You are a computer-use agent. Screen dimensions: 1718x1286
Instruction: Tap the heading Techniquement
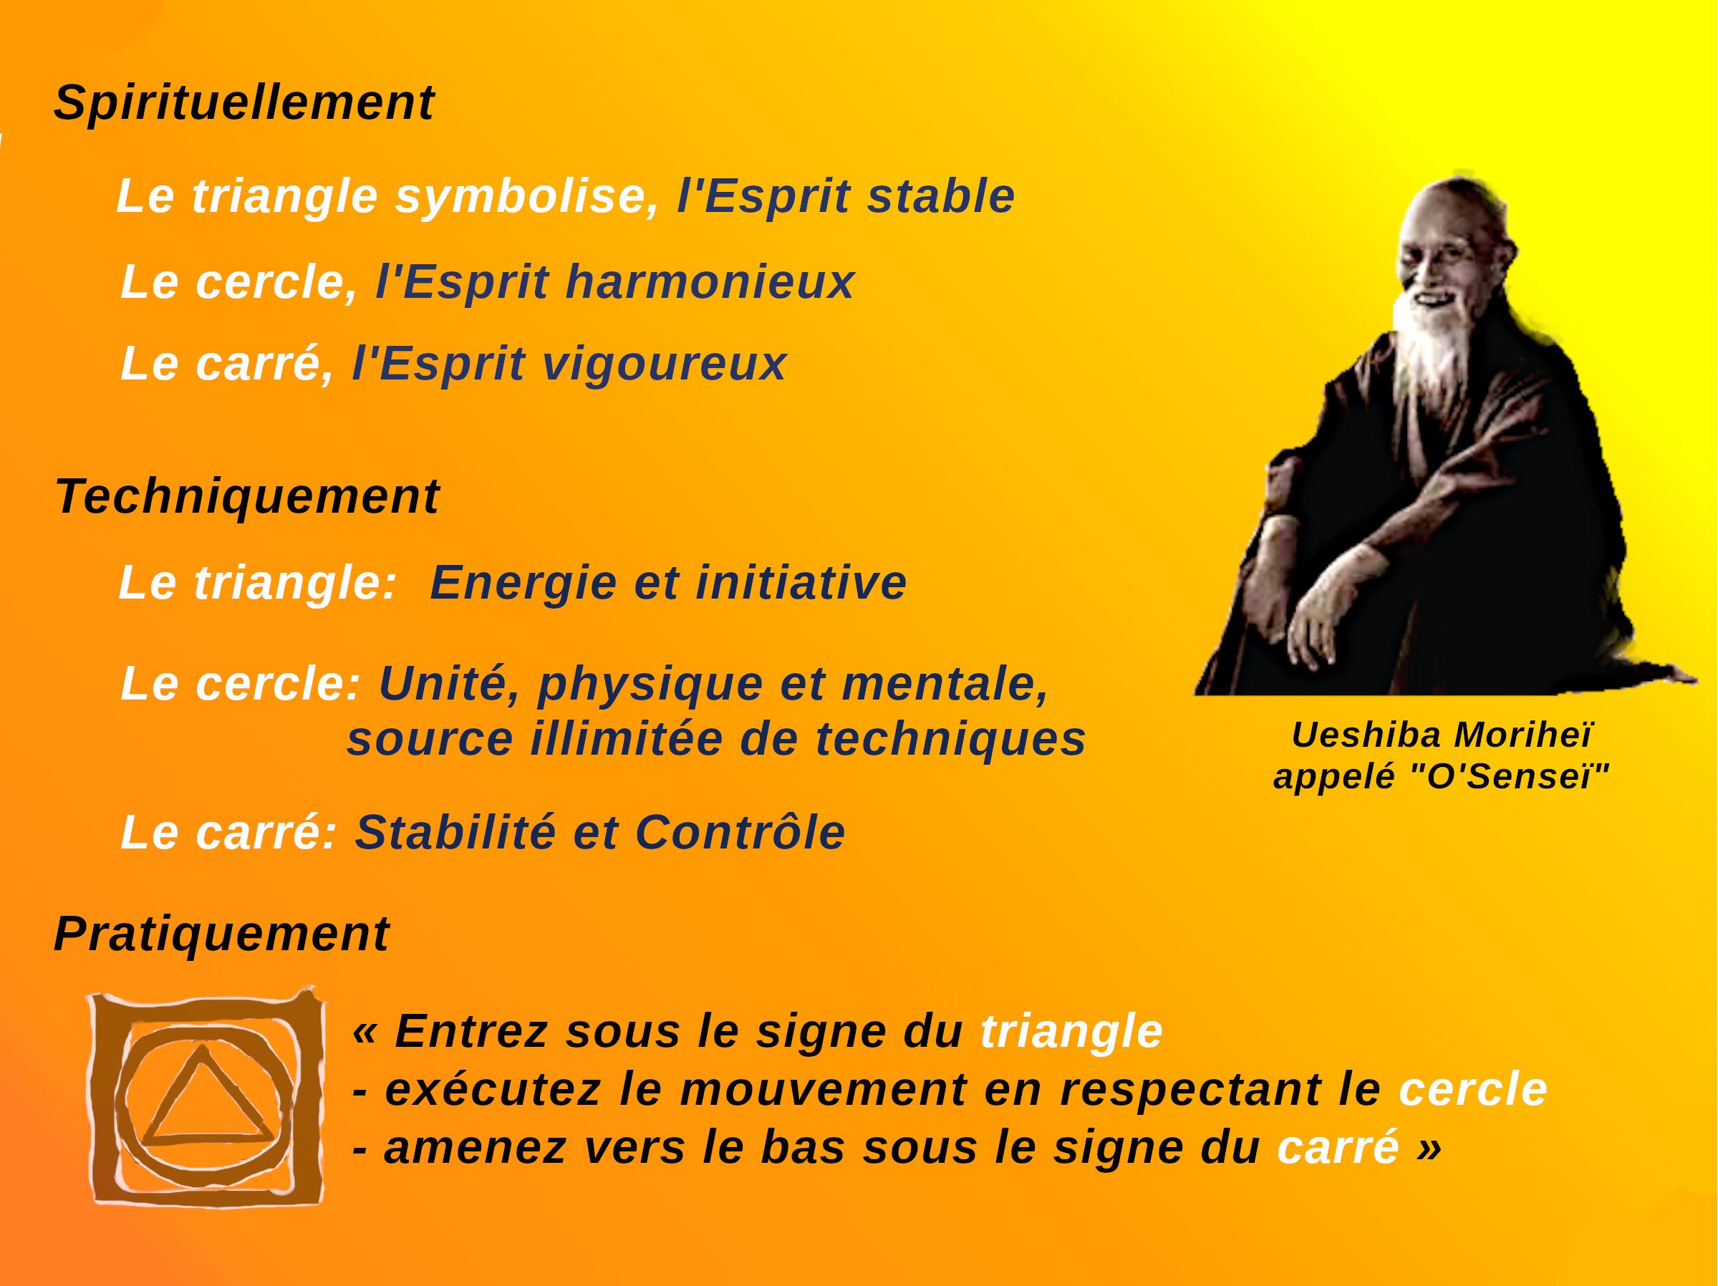pos(247,497)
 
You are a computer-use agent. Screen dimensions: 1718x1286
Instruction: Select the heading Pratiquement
pos(221,934)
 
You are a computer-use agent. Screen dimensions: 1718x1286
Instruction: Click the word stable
pos(940,195)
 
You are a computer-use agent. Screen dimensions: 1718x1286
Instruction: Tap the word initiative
pos(801,582)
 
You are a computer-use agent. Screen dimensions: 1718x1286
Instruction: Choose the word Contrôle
pos(740,833)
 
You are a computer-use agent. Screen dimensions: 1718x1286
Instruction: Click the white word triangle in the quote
pos(1072,1033)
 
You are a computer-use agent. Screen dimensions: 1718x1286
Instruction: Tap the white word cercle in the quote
pos(1472,1090)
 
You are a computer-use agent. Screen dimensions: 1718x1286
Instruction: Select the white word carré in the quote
pos(1338,1148)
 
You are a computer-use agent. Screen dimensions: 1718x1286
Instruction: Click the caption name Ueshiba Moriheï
pos(1442,735)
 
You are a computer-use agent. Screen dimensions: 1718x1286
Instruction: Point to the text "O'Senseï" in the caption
pos(1518,777)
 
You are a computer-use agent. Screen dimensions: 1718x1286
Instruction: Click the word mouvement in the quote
pos(824,1091)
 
